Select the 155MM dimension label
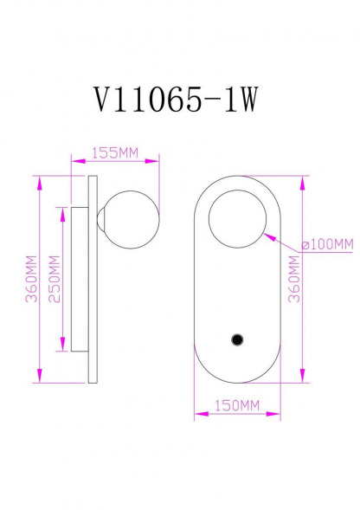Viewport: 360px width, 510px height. [x=116, y=153]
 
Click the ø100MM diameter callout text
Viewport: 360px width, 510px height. [x=327, y=243]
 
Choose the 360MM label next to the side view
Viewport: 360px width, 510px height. [x=30, y=278]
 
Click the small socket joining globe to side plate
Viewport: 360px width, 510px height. [x=102, y=216]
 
